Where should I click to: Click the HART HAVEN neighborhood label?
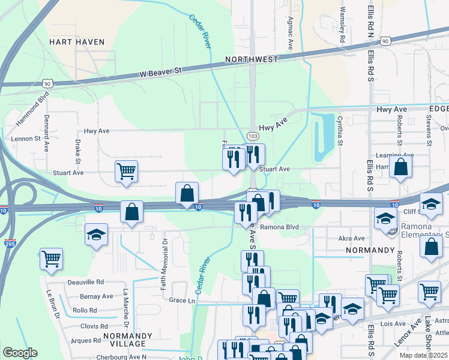tap(77, 42)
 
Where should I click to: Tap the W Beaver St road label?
tap(160, 71)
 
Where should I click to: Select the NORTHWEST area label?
tap(252, 59)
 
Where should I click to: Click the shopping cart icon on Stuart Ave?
tap(126, 171)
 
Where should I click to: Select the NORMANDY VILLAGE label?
tap(124, 340)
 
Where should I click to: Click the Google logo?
tap(20, 353)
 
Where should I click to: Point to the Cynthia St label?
tap(340, 131)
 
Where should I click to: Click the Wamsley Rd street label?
tap(343, 24)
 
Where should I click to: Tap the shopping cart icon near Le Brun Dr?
tap(52, 259)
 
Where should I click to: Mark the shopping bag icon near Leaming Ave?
tap(400, 167)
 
